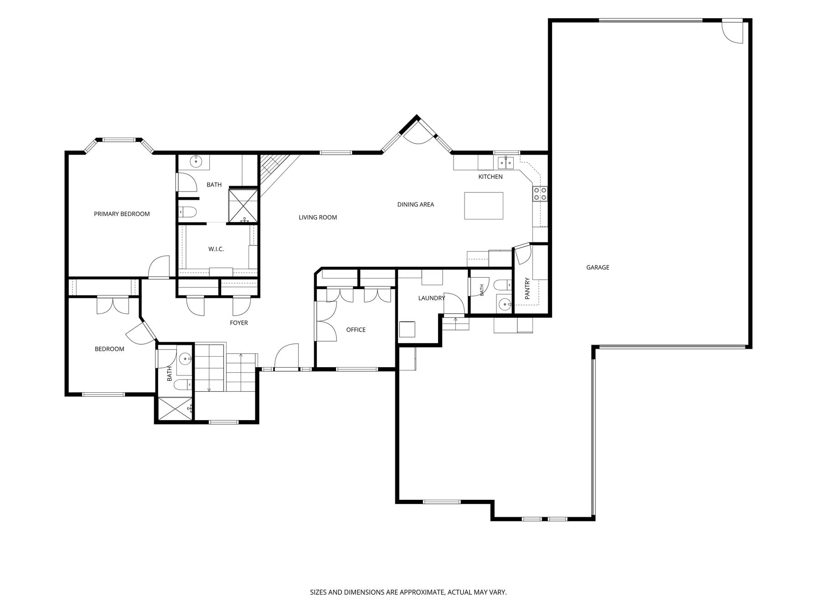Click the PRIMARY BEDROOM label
click(122, 214)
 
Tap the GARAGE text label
click(598, 267)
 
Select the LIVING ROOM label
click(318, 218)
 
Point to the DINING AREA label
click(415, 204)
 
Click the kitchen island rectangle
click(484, 206)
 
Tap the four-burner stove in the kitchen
click(540, 194)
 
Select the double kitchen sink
click(506, 162)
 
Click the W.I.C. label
click(216, 249)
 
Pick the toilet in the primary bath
click(187, 212)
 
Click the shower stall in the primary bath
click(243, 205)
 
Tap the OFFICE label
click(356, 330)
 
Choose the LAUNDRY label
click(431, 298)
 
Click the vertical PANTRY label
click(527, 288)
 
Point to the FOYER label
click(239, 323)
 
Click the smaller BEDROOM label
click(109, 349)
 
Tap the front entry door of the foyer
click(286, 357)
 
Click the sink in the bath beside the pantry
click(504, 304)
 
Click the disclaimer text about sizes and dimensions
click(408, 592)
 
